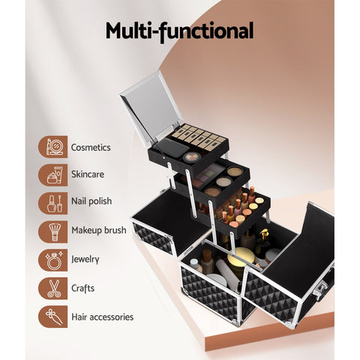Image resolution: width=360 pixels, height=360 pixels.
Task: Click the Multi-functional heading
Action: point(179,31)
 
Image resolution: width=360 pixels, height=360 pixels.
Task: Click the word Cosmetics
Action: point(91,148)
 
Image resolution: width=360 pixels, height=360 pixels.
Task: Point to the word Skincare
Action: point(88,175)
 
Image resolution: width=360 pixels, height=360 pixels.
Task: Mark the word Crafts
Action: point(84,288)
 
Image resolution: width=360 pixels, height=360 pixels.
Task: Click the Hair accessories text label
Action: point(102,316)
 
